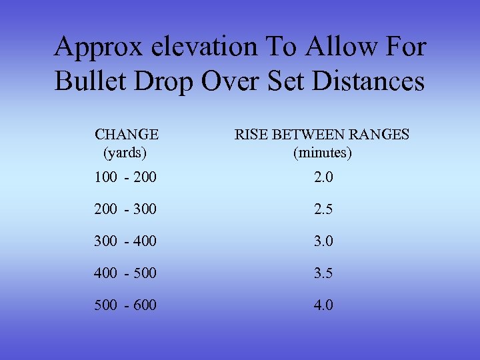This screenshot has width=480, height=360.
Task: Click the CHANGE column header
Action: coord(127,135)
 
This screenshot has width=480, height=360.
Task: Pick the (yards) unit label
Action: coord(125,153)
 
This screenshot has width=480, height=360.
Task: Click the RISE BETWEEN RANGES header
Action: coord(322,135)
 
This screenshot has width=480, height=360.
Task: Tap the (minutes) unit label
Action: coord(323,153)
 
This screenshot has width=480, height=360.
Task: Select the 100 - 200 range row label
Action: coord(125,178)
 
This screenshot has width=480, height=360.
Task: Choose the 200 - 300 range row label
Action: coord(125,209)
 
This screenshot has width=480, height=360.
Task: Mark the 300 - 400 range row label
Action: coord(125,241)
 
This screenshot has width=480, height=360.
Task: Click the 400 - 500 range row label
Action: coord(125,273)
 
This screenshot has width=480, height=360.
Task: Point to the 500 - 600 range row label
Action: coord(125,305)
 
